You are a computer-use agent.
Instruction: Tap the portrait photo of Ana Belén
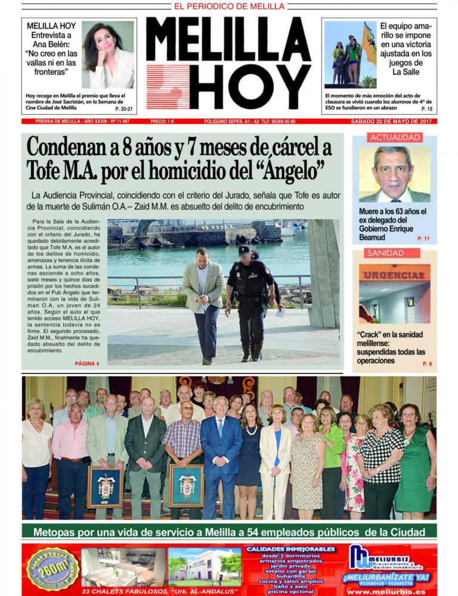(108, 55)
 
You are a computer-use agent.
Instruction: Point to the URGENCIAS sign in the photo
(394, 275)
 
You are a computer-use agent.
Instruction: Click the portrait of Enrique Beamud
(394, 174)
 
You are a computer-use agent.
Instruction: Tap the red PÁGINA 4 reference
(87, 363)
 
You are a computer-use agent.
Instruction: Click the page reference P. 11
(423, 239)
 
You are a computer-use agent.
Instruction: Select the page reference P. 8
(427, 364)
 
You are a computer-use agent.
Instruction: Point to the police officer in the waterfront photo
(250, 301)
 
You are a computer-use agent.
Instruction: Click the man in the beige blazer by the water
(204, 301)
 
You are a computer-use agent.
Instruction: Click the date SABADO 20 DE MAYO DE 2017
(394, 121)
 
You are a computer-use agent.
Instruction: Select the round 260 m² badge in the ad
(53, 568)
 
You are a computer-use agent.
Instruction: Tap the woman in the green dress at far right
(414, 458)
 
